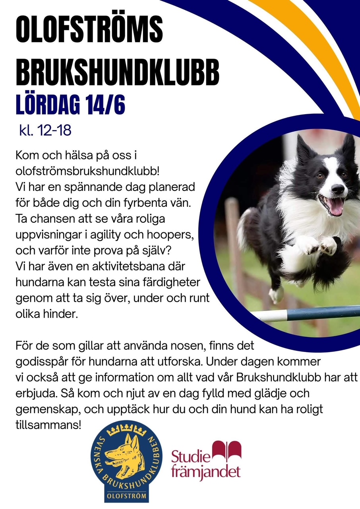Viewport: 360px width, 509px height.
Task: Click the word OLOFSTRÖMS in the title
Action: click(89, 31)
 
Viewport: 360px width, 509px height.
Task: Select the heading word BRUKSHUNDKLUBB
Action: click(117, 73)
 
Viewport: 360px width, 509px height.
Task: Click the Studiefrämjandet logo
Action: click(206, 461)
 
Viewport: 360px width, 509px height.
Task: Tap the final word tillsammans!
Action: click(48, 425)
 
